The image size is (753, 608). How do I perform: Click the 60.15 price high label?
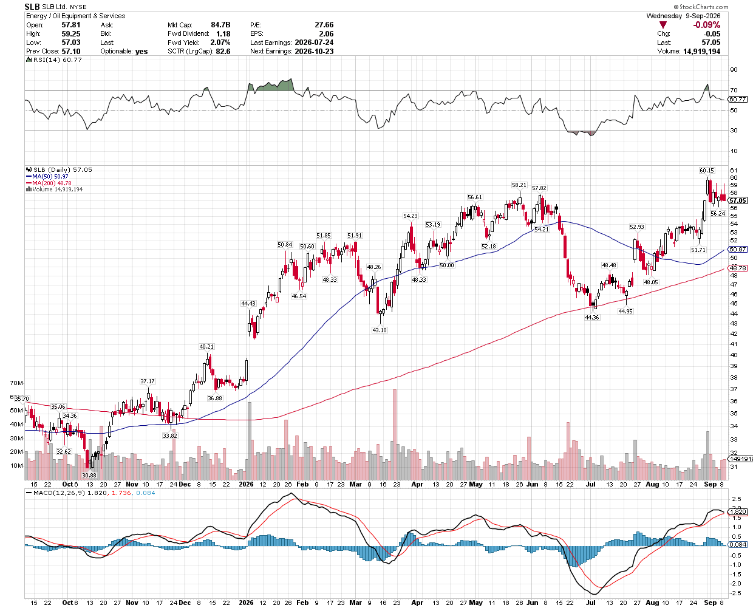tap(706, 171)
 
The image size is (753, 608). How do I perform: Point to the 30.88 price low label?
tap(89, 475)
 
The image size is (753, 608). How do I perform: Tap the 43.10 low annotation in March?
tap(380, 330)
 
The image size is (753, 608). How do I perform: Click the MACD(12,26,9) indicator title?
tap(59, 493)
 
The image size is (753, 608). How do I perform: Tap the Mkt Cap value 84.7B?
tap(220, 25)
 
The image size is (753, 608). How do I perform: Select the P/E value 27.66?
tap(324, 25)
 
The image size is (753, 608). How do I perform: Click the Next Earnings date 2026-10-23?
tap(314, 51)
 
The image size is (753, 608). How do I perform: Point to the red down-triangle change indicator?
tap(663, 25)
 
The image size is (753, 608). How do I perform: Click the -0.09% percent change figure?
tap(706, 25)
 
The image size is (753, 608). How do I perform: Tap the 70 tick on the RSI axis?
tap(734, 91)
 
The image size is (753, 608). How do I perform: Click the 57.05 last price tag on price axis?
tap(737, 200)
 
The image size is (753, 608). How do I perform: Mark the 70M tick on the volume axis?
tap(16, 383)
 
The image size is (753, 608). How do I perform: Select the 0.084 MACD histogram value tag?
tap(738, 544)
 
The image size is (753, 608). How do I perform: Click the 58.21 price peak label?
tap(519, 185)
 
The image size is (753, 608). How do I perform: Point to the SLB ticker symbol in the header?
tap(32, 7)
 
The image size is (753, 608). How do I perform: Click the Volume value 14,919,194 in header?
tap(701, 51)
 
